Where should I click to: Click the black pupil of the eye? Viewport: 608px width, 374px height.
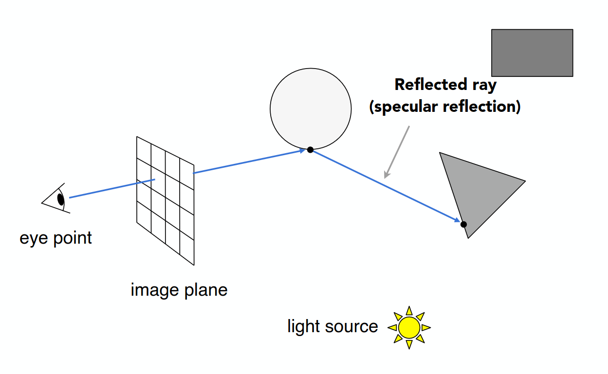(61, 199)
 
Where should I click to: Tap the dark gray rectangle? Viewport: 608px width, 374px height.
(532, 53)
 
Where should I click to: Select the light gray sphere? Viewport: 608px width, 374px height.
(311, 109)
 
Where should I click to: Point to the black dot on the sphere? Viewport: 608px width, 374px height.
(310, 150)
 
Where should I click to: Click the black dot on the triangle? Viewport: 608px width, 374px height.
(463, 224)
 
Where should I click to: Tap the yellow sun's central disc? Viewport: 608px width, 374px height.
(409, 328)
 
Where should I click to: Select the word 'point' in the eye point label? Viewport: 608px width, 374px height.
(73, 238)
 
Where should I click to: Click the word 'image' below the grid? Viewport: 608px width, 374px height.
(154, 290)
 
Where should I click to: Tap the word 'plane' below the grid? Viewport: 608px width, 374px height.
(206, 290)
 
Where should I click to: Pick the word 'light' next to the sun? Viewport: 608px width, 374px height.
(303, 326)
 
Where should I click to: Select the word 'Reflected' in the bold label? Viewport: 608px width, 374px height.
(430, 84)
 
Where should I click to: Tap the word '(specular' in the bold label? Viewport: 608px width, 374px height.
(403, 107)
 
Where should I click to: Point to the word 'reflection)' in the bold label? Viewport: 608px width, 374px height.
(482, 107)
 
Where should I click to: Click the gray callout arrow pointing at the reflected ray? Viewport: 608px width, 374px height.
(397, 152)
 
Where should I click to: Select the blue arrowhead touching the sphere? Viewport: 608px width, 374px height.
(302, 151)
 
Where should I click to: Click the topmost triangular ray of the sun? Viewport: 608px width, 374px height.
(409, 311)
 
